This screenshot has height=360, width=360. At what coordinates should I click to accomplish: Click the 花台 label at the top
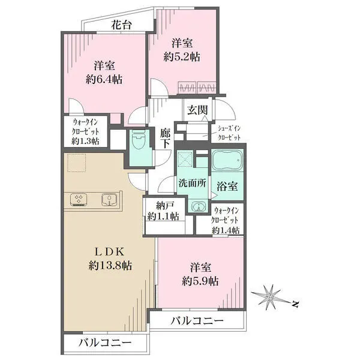pyautogui.click(x=121, y=25)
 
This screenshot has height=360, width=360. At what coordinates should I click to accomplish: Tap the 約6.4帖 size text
pyautogui.click(x=104, y=79)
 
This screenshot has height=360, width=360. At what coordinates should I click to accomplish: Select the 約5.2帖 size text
pyautogui.click(x=182, y=56)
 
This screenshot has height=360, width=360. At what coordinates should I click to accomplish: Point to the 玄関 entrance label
pyautogui.click(x=197, y=110)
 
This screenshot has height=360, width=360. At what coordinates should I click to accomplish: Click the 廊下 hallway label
pyautogui.click(x=165, y=139)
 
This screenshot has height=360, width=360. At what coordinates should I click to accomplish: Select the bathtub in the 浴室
pyautogui.click(x=227, y=160)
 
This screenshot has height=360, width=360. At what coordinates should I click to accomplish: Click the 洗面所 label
pyautogui.click(x=193, y=183)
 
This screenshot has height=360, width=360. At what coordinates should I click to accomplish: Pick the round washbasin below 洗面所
pyautogui.click(x=197, y=207)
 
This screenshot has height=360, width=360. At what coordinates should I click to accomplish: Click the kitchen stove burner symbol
pyautogui.click(x=79, y=199)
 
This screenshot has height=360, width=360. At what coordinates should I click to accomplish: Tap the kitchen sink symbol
pyautogui.click(x=110, y=199)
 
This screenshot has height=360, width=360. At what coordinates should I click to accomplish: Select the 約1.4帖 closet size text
pyautogui.click(x=226, y=230)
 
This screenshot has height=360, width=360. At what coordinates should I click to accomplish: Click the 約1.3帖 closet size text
pyautogui.click(x=85, y=141)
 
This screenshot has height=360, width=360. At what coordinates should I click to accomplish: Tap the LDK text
pyautogui.click(x=110, y=252)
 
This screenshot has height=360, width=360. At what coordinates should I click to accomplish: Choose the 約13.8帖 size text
pyautogui.click(x=110, y=266)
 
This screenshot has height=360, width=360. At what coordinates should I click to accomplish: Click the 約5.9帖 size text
pyautogui.click(x=200, y=281)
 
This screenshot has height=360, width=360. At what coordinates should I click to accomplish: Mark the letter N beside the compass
pyautogui.click(x=295, y=304)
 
